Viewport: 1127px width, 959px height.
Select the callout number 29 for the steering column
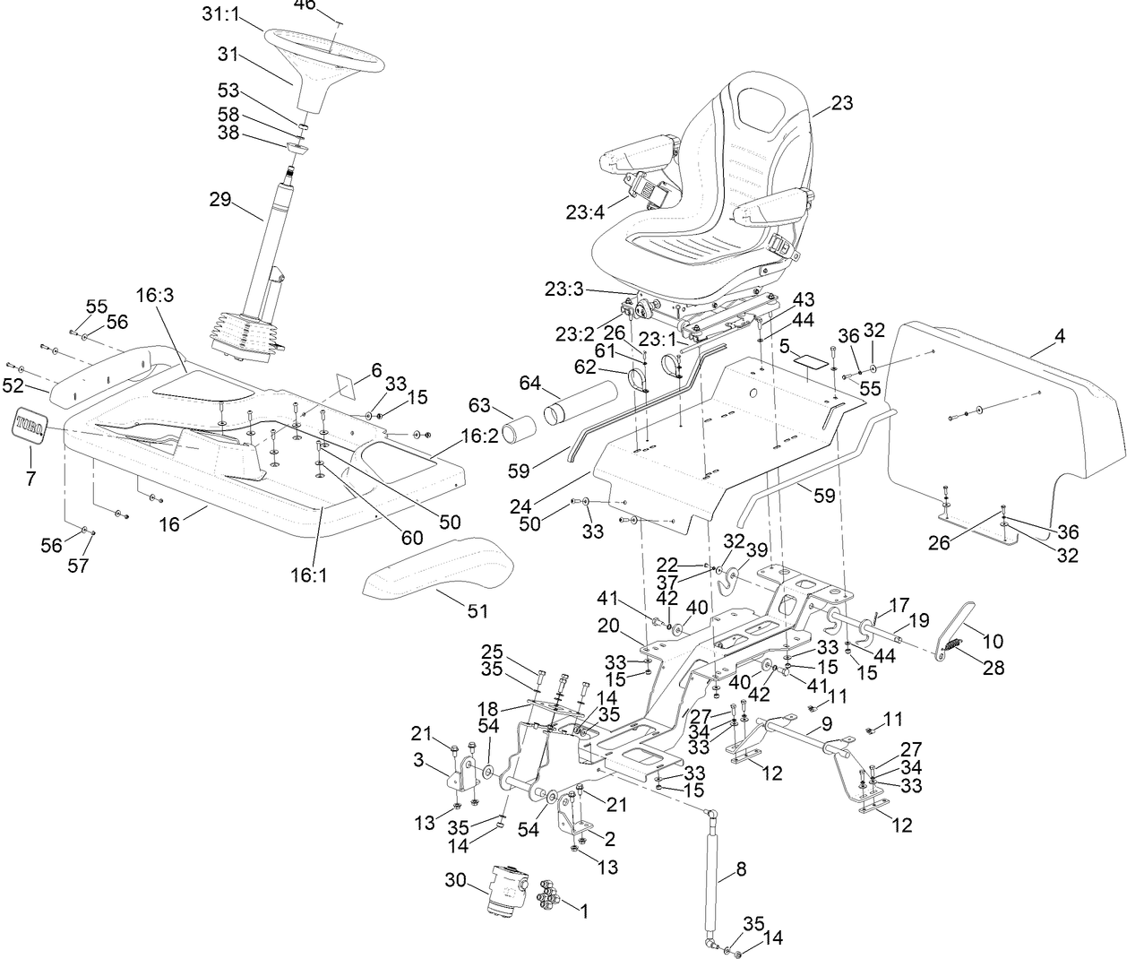pyautogui.click(x=220, y=199)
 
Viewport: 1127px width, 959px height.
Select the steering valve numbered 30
pyautogui.click(x=507, y=888)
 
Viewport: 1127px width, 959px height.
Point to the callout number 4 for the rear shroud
pyautogui.click(x=1060, y=337)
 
